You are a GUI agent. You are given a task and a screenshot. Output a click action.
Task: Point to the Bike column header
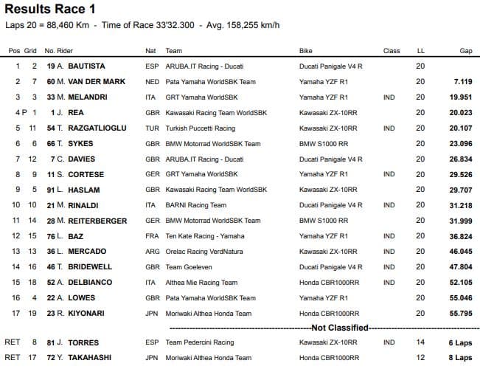point(306,51)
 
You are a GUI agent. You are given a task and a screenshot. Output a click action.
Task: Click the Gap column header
point(466,51)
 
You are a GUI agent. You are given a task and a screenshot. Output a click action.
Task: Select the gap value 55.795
point(459,313)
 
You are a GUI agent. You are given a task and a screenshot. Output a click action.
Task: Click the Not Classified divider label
point(340,327)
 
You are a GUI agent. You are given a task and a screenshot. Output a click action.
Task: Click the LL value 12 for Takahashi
point(420,358)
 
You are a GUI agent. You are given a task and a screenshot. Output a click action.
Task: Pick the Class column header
point(392,51)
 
